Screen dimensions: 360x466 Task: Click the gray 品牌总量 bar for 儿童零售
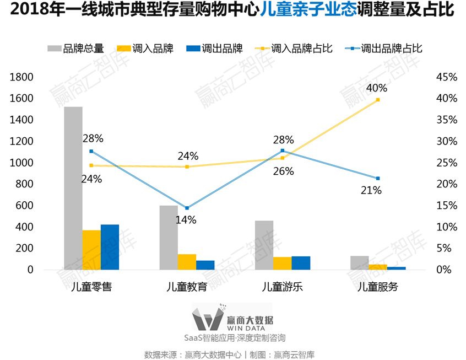coord(73,187)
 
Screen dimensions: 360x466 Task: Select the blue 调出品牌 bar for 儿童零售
coord(110,247)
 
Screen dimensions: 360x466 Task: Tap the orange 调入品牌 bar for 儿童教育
coord(187,262)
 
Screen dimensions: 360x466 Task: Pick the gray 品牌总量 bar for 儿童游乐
coord(264,245)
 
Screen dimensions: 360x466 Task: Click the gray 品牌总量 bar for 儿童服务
coord(359,263)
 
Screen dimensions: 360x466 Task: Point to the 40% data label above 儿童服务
coord(377,88)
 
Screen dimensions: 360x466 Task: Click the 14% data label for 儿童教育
coord(186,219)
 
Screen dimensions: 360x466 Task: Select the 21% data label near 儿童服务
coord(371,191)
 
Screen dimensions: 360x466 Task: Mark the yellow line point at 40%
coord(378,100)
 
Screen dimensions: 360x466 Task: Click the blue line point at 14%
coord(187,208)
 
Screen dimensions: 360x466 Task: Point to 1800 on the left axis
coord(21,77)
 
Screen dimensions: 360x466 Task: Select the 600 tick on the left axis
coord(24,206)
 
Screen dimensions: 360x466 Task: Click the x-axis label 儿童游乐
coord(282,287)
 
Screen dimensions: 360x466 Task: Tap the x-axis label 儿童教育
coord(187,287)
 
